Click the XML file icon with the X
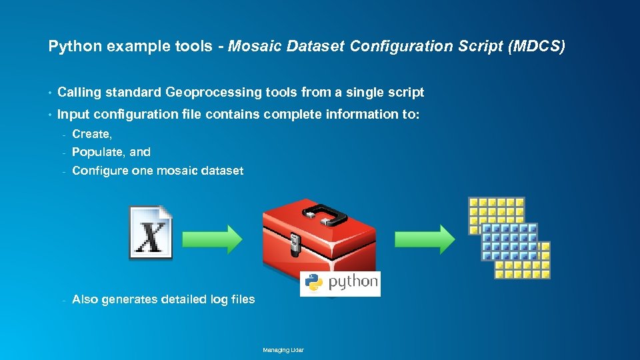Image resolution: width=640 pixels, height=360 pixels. pos(151,233)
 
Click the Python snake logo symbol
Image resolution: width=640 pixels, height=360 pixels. pos(313,283)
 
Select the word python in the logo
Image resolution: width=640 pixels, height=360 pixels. pos(352,283)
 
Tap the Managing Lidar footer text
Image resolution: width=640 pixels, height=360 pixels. pos(283,350)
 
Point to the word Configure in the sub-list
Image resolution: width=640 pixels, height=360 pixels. pos(100,171)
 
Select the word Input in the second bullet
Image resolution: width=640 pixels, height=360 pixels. pos(71,114)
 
